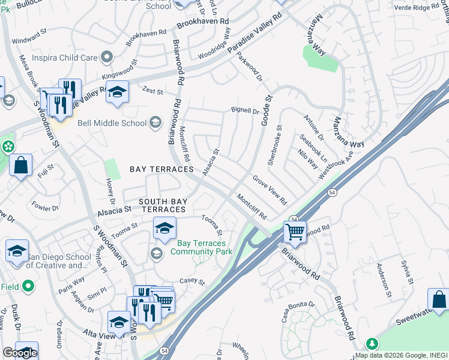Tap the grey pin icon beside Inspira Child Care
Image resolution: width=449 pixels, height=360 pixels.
(107, 58)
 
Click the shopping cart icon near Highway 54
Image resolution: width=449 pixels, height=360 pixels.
(295, 231)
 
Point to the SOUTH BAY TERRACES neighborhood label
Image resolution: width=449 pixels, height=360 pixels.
(162, 205)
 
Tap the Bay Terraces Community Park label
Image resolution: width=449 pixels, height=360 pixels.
(202, 247)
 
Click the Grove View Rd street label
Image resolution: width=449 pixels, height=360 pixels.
(270, 190)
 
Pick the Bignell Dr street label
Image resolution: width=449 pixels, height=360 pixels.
(245, 111)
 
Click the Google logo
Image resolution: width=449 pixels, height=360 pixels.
(20, 353)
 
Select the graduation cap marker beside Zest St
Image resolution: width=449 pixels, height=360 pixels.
(118, 92)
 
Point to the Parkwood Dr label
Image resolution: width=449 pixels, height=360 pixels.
(249, 68)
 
